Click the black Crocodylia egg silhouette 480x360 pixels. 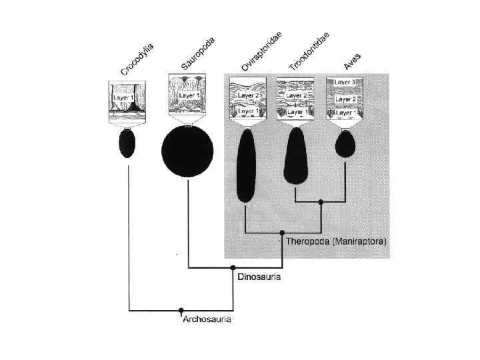[127, 143]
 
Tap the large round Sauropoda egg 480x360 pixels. [187, 151]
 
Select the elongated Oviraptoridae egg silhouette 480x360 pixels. [245, 166]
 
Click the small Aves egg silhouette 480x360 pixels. [345, 143]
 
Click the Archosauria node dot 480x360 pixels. [181, 310]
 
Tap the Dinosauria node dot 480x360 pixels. [233, 268]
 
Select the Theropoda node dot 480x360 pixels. [282, 233]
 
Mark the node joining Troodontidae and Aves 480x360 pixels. [321, 201]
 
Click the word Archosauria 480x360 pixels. [207, 319]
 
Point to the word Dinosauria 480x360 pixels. [259, 277]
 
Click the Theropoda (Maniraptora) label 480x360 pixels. [336, 241]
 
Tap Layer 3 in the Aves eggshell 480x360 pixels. [344, 83]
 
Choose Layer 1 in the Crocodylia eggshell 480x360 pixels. [123, 97]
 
